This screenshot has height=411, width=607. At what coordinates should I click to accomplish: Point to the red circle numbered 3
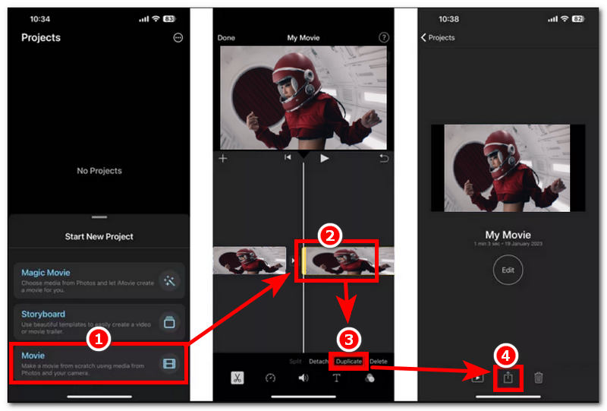pos(348,338)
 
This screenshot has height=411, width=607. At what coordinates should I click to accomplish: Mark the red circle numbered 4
pos(506,354)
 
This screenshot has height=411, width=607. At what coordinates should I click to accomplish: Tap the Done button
pos(226,38)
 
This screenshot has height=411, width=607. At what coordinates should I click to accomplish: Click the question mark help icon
pos(384,38)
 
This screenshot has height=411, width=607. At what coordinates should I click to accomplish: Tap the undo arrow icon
pos(384,158)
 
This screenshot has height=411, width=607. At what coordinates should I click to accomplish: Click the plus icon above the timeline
pos(223,158)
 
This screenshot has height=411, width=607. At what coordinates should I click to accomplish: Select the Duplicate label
pos(349,362)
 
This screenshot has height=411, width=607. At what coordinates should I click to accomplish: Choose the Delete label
pos(378,362)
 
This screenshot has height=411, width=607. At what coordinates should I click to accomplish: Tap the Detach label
pos(319,362)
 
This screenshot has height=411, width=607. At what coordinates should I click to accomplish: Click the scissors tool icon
pos(237,378)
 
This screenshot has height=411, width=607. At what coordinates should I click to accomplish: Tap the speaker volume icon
pos(303,378)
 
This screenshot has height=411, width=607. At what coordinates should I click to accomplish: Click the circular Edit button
pos(508,270)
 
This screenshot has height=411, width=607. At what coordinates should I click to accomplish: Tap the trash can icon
pos(539,378)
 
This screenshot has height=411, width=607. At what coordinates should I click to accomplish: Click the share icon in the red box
pos(508,378)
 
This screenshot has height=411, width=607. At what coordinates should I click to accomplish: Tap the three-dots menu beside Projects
pos(178,38)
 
